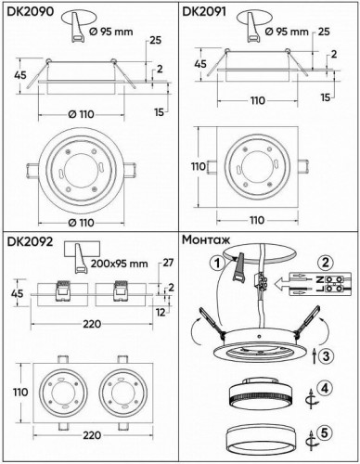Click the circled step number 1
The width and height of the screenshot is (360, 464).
coord(217,262)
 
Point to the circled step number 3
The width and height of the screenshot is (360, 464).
coord(323,355)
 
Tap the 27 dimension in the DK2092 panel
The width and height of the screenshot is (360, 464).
coord(168,264)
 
